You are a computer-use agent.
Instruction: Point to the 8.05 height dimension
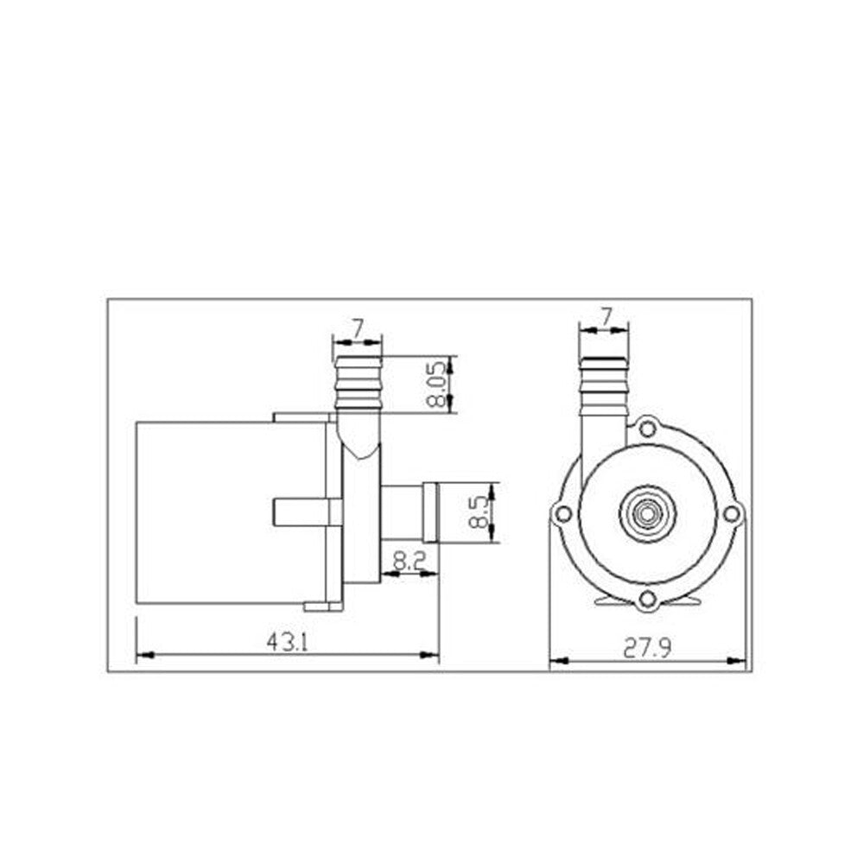coord(441,384)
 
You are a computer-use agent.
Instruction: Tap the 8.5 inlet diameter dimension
coord(480,512)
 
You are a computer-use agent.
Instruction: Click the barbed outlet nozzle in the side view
coord(357,384)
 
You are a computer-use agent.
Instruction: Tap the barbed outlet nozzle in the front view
coord(604,384)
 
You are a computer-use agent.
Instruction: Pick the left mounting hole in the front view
coord(562,514)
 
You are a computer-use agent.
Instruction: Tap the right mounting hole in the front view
coord(731,514)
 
